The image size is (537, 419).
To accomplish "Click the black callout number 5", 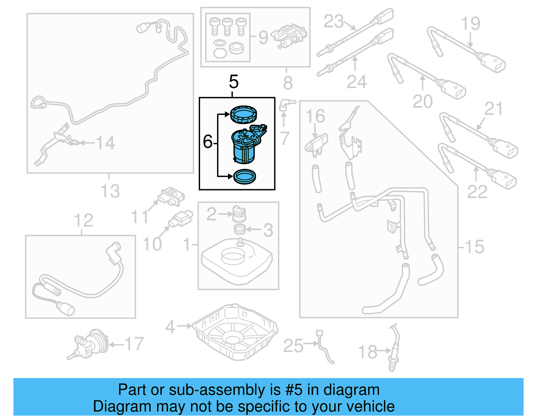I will pyautogui.click(x=234, y=82).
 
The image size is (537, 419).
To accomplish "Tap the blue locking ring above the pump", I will pyautogui.click(x=244, y=114).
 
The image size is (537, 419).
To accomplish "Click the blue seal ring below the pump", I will pyautogui.click(x=244, y=176).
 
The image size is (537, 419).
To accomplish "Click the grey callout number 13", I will pyautogui.click(x=110, y=192).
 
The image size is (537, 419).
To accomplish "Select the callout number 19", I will pyautogui.click(x=470, y=23).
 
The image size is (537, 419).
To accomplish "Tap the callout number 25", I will pyautogui.click(x=293, y=346).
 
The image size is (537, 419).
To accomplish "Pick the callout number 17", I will pyautogui.click(x=134, y=344).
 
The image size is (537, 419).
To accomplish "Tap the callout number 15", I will pyautogui.click(x=474, y=247).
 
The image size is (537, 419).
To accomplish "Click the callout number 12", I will pyautogui.click(x=83, y=220).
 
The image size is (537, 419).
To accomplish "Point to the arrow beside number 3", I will pyautogui.click(x=253, y=230).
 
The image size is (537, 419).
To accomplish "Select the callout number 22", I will pyautogui.click(x=477, y=192).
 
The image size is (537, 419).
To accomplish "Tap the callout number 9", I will pyautogui.click(x=263, y=37).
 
